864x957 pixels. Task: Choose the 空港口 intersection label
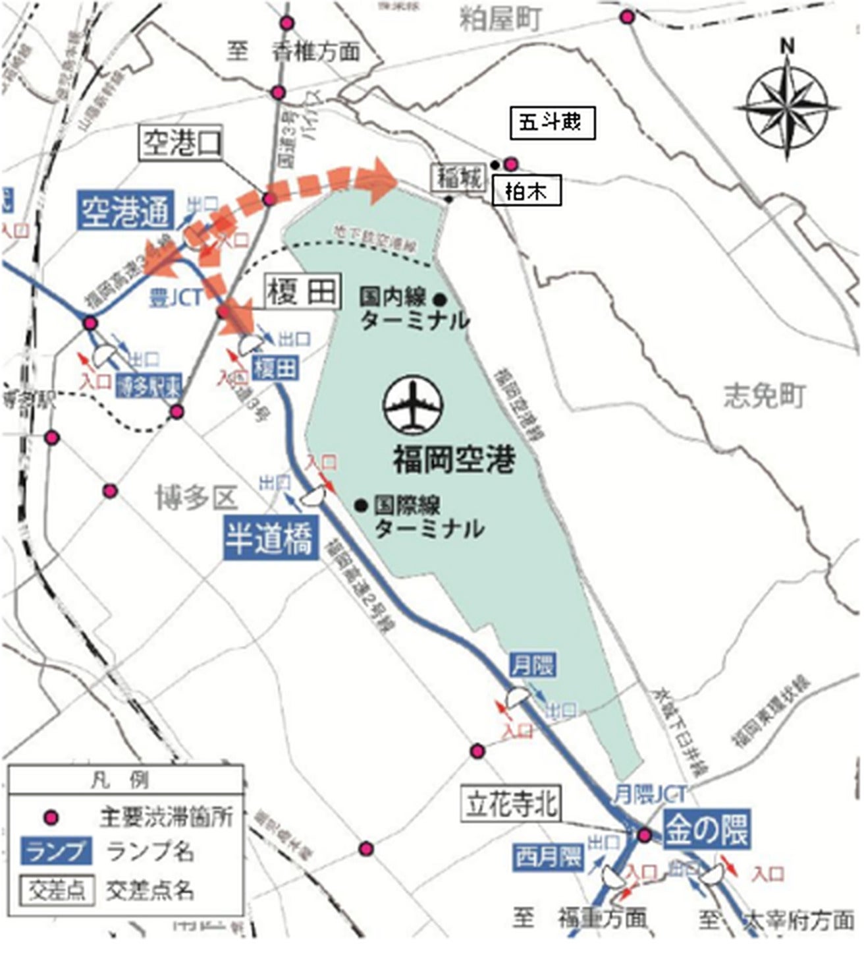coord(182,142)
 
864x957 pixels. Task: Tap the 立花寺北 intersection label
coord(512,803)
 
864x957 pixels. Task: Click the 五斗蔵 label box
coord(552,123)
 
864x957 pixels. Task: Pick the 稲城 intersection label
coord(458,177)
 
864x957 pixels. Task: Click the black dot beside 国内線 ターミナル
coord(441,299)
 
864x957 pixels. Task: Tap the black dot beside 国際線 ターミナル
coord(360,506)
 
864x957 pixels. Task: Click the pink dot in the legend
coord(50,818)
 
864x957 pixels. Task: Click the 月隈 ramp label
coord(532,664)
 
